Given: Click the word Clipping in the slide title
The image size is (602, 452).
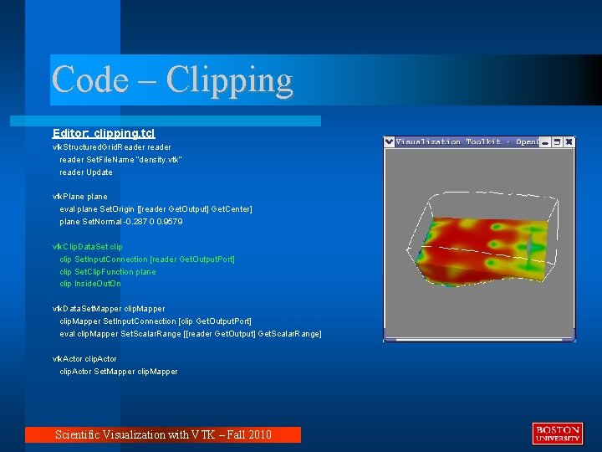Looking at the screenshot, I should coord(230,81).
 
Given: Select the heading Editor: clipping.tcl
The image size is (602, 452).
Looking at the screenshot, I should coord(104,133).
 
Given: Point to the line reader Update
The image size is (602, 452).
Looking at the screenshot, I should coord(85,172).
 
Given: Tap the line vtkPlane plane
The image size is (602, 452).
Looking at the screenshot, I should coord(80,197).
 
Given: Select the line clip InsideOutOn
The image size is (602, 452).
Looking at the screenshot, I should coord(90,284).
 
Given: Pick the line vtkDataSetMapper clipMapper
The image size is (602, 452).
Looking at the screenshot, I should coord(109,309).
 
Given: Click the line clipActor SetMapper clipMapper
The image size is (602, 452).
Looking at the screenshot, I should coord(118,371).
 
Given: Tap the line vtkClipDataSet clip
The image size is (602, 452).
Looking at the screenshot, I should coord(87,247).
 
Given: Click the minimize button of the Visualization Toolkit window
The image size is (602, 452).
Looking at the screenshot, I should coord(545,142).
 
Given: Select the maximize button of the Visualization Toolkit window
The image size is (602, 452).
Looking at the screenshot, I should coord(557,142).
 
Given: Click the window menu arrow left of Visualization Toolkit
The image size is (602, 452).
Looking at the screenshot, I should coord(389,142).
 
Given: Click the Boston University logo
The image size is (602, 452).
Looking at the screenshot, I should coord(557,433).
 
